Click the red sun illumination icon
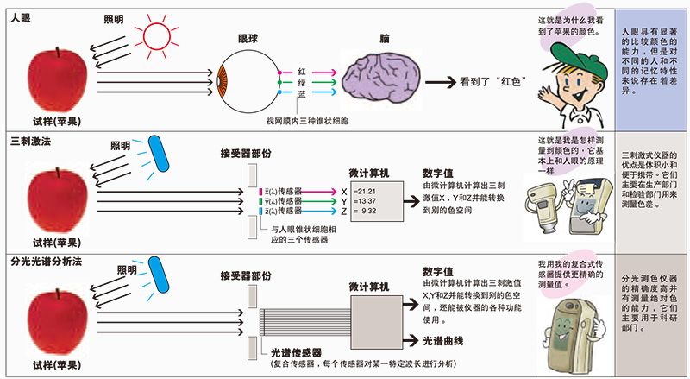(x=156, y=35)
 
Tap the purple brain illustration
(x=381, y=79)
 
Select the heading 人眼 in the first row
(x=21, y=18)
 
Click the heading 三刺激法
(x=30, y=141)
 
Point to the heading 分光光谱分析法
(x=47, y=262)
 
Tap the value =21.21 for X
(x=365, y=192)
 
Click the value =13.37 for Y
(x=365, y=201)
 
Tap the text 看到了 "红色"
(x=492, y=81)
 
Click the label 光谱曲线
(x=443, y=341)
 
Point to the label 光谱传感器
(x=296, y=352)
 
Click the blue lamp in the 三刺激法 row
(x=159, y=154)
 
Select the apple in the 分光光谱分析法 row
(x=57, y=320)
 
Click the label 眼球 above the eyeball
(x=248, y=39)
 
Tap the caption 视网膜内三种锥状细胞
(x=307, y=120)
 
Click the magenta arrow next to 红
(x=322, y=73)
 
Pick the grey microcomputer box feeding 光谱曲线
(x=377, y=322)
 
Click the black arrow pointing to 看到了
(x=440, y=82)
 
